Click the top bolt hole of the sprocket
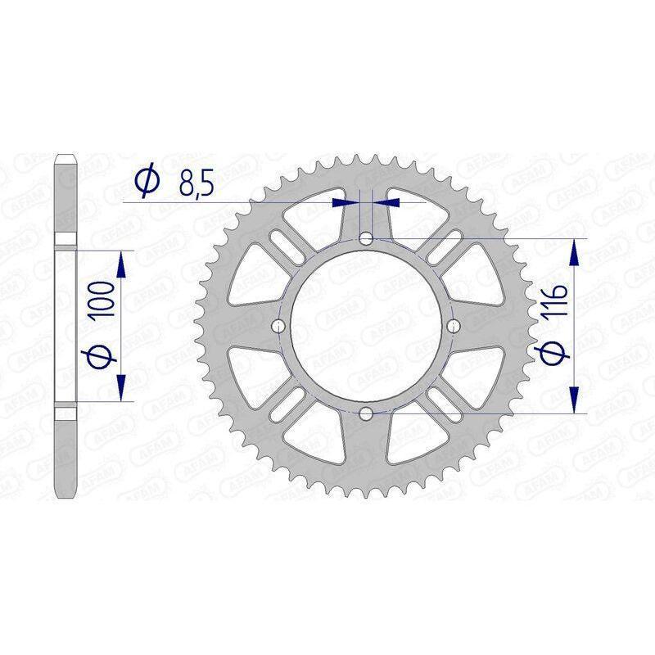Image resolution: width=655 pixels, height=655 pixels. (x=366, y=238)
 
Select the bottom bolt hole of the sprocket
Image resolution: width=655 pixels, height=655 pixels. (x=366, y=412)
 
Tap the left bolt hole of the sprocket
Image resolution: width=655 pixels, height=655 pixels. (x=279, y=326)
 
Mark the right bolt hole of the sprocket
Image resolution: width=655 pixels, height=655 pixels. (x=453, y=326)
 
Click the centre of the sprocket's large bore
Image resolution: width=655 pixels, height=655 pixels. (x=366, y=326)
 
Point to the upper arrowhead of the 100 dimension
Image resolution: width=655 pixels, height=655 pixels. (x=122, y=264)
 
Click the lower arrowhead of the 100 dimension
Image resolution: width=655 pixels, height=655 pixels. (x=122, y=386)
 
